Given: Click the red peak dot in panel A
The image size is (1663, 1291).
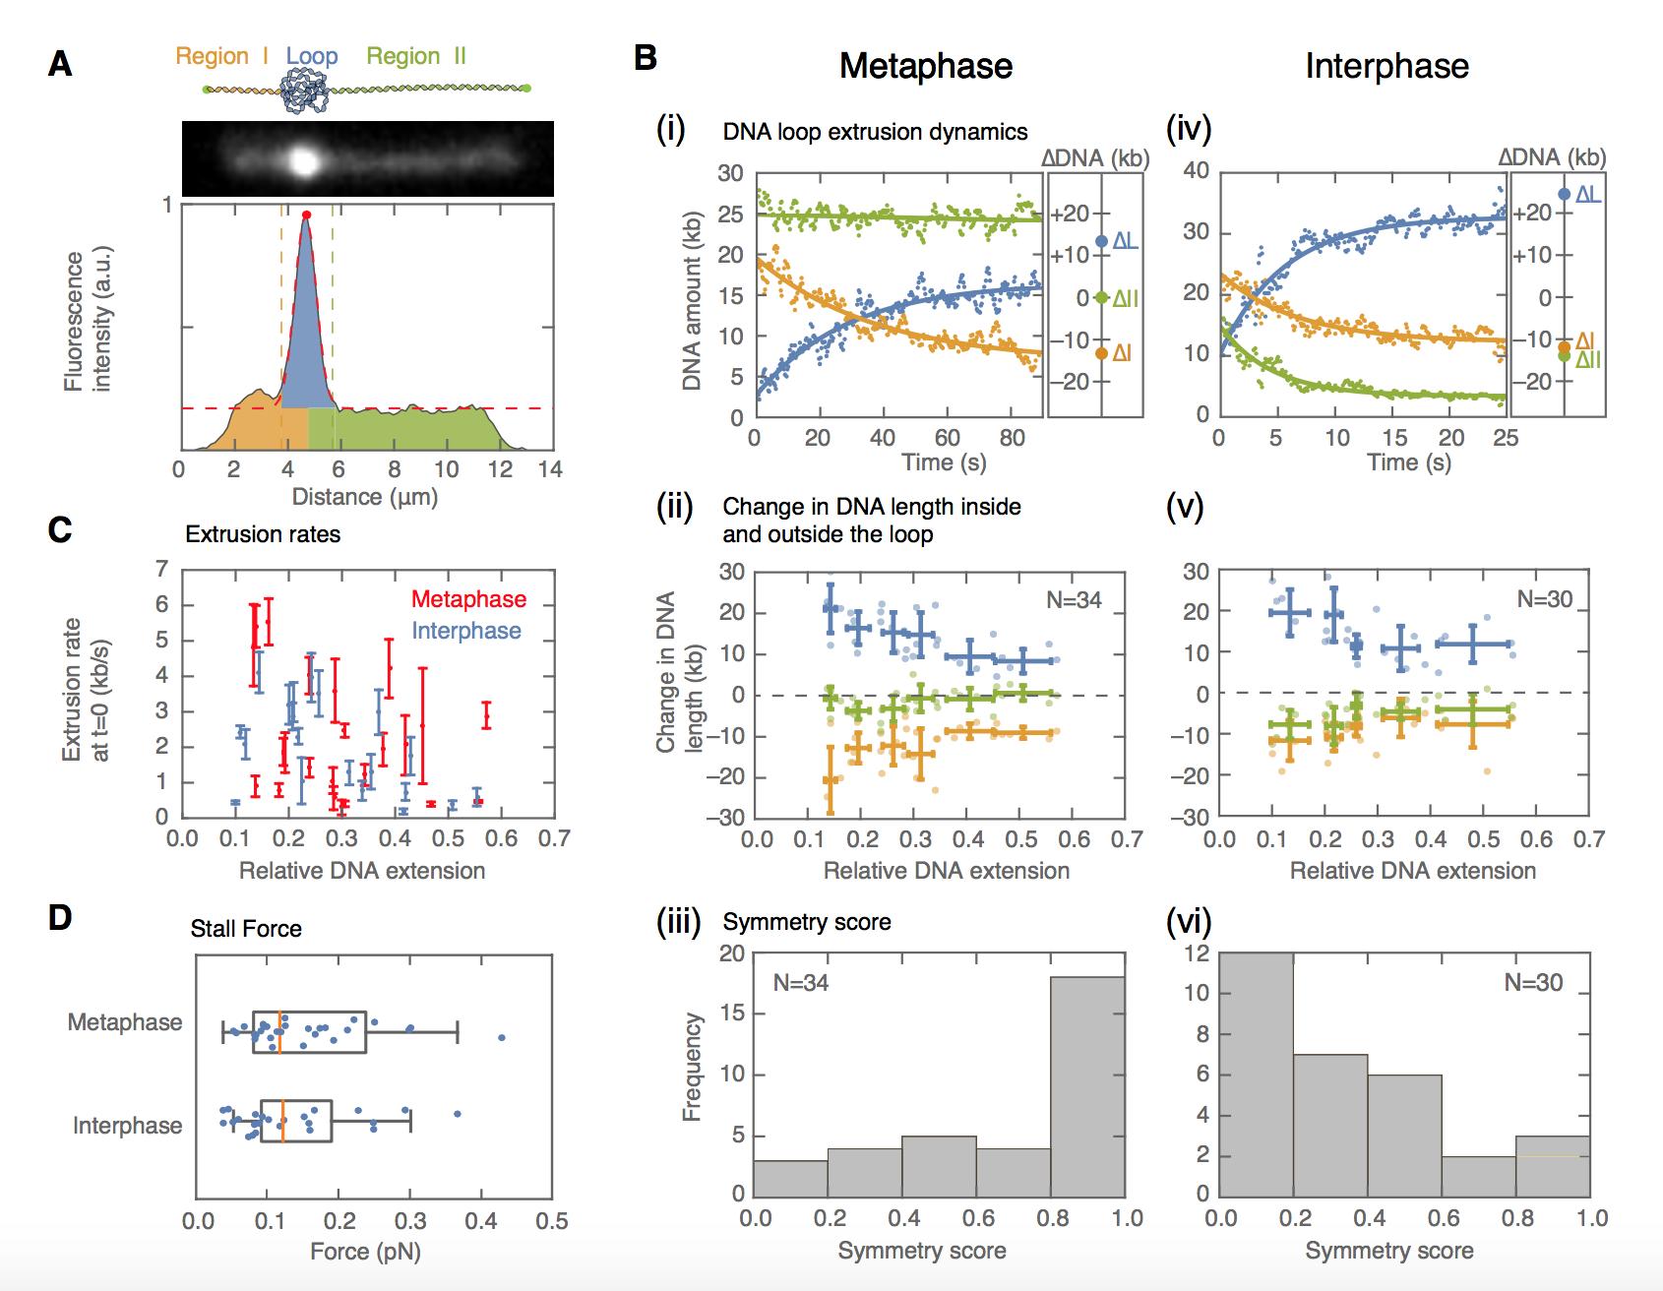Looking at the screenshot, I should coord(306,215).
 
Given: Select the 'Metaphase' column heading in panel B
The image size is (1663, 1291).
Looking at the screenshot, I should coord(925,66).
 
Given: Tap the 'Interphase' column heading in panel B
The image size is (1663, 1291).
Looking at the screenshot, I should coord(1386,66).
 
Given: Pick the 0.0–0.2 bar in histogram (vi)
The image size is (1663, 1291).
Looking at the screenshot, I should coord(1257,1073).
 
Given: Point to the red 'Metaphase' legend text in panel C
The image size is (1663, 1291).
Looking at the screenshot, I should coord(468,598).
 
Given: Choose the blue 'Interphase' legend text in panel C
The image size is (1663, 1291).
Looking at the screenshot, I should coord(465,630).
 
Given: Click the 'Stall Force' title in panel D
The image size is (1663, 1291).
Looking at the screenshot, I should coord(246,928).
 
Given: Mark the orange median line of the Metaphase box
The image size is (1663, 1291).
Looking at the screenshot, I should coord(280,1032).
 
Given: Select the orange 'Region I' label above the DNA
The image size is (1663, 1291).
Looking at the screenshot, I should coord(222,56).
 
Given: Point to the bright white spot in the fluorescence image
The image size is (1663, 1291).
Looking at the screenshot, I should coord(304,160).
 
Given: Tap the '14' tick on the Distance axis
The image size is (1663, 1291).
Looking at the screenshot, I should coord(551,469).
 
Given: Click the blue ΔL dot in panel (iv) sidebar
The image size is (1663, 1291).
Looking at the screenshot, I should coord(1564,194).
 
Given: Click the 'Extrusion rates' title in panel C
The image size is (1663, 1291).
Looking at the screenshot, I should coord(263,534).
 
